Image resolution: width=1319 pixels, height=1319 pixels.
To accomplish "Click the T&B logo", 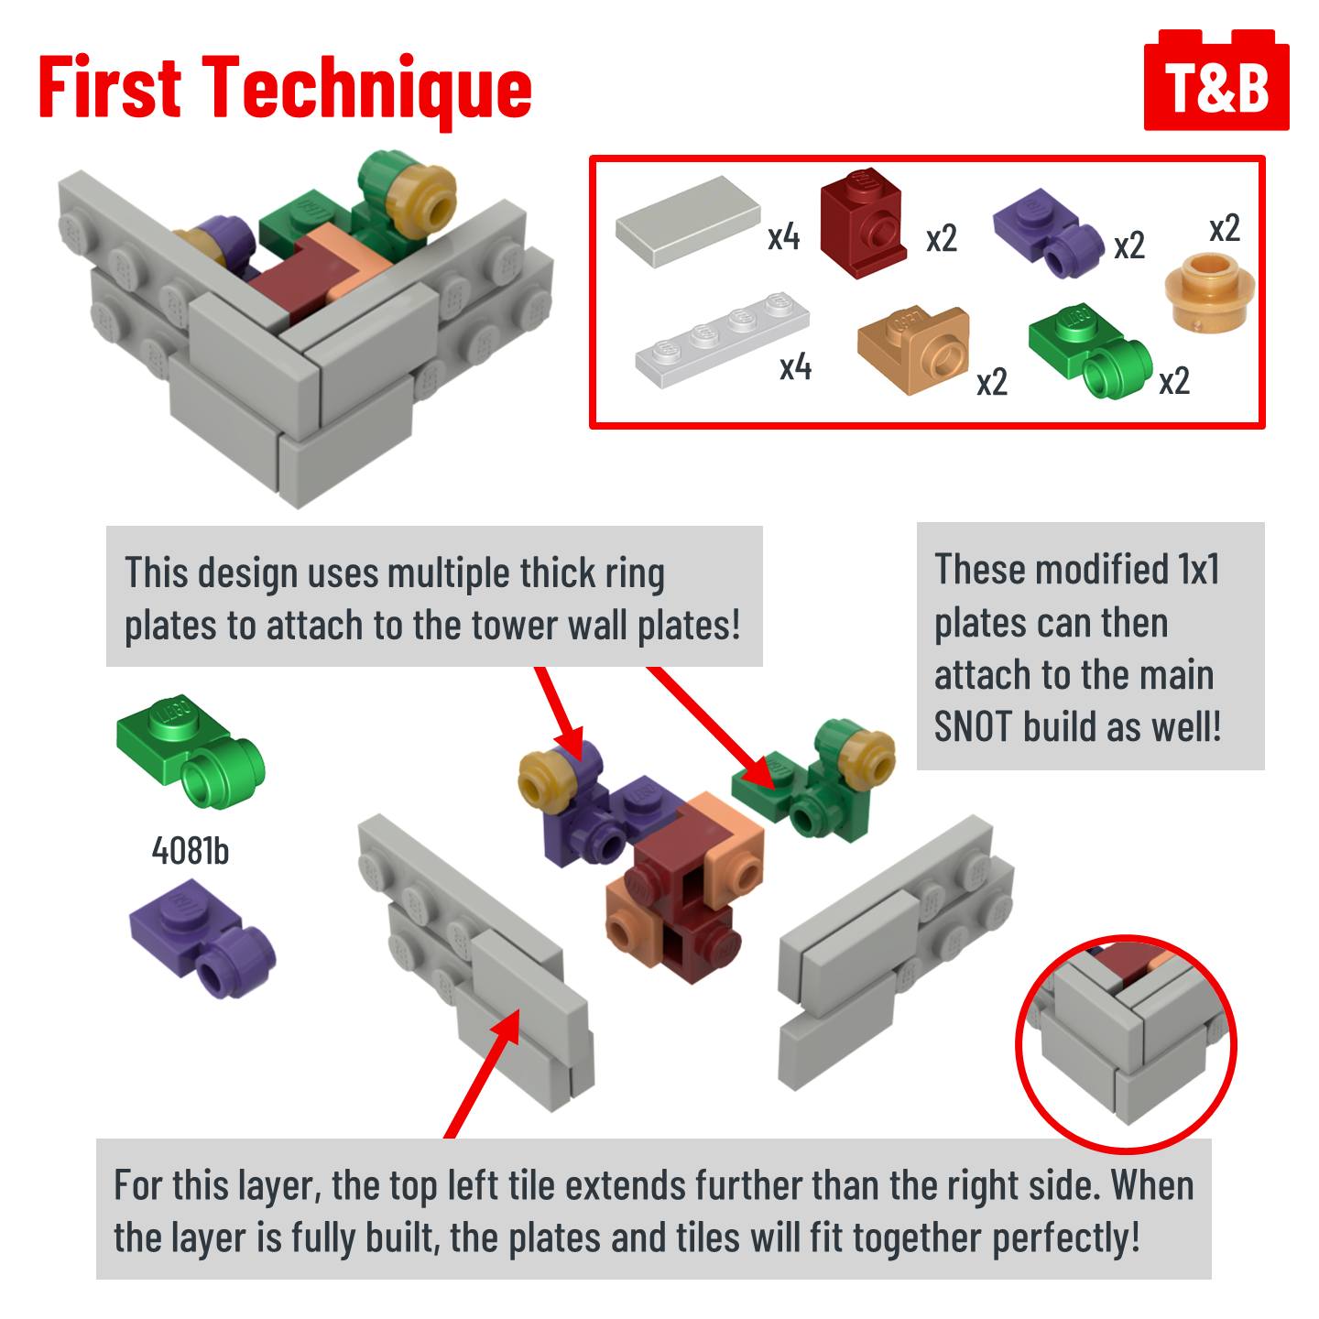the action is click(1215, 80).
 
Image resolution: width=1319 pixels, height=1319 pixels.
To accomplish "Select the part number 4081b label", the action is click(191, 851).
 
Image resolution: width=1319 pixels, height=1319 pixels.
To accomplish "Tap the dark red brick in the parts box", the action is click(863, 223).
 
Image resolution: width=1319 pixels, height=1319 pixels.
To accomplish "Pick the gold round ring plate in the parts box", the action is click(1209, 292).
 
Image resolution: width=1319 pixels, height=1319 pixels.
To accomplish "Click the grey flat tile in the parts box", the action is click(688, 221).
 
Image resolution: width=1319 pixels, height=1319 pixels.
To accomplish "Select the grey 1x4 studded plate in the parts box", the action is click(722, 340).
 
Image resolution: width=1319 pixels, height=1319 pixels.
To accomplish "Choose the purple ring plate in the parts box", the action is click(1048, 233).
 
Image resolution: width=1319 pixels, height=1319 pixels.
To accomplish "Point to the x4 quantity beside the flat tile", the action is click(784, 237).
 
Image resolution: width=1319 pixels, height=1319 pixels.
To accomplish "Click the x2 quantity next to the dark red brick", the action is click(942, 239).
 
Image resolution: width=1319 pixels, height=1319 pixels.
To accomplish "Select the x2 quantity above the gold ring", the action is click(1225, 228).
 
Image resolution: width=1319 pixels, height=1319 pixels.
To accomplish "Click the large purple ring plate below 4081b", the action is click(202, 939).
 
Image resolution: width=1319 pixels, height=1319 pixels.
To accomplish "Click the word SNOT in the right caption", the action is click(974, 726).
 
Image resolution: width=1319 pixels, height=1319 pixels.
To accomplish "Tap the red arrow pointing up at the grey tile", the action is click(482, 1074).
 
